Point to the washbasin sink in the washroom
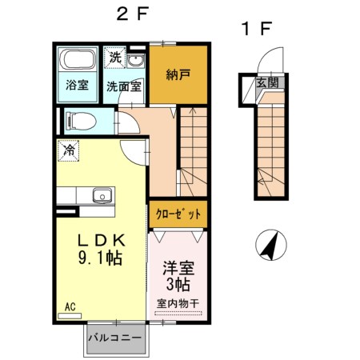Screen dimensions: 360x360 (136, 61)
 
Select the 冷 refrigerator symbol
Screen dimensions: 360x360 (69, 150)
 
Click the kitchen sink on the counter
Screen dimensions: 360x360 (101, 196)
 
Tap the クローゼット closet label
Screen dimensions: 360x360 (177, 214)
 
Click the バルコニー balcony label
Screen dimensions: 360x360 (115, 337)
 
